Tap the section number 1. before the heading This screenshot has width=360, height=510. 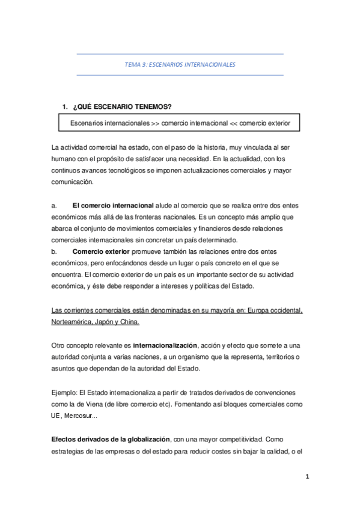pyautogui.click(x=65, y=107)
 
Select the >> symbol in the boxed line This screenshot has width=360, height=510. pyautogui.click(x=156, y=123)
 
